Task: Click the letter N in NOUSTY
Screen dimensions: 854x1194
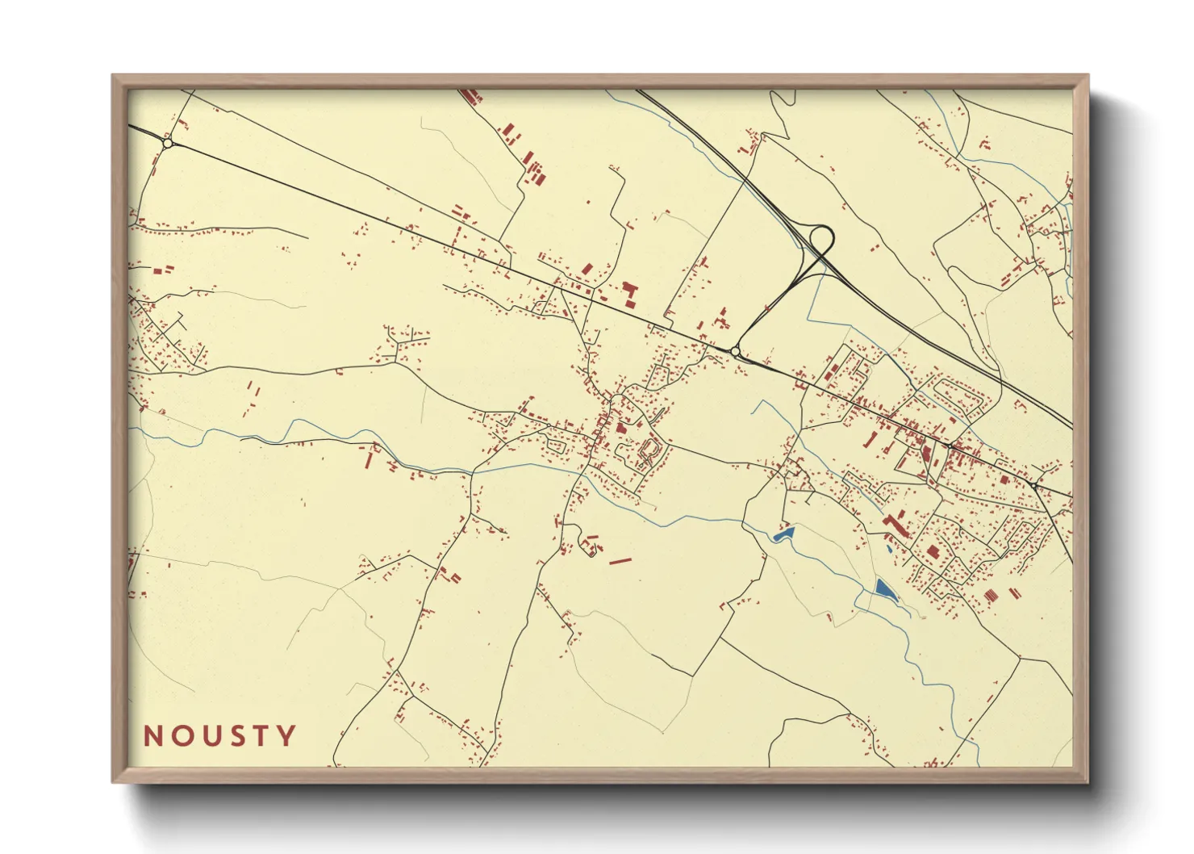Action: click(x=153, y=736)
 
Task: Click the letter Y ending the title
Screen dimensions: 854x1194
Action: click(x=286, y=736)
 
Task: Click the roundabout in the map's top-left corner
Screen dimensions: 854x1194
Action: click(x=168, y=143)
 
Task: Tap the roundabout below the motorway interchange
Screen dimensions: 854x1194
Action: click(x=735, y=352)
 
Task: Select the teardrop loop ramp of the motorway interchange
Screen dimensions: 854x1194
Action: click(x=821, y=239)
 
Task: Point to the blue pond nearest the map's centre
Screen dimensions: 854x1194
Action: click(x=783, y=533)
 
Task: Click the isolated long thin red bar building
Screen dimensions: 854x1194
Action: click(x=620, y=560)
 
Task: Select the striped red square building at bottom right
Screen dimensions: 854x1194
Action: click(x=991, y=595)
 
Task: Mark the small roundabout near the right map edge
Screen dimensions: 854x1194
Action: click(x=1033, y=485)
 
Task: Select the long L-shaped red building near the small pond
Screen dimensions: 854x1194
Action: click(x=895, y=525)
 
